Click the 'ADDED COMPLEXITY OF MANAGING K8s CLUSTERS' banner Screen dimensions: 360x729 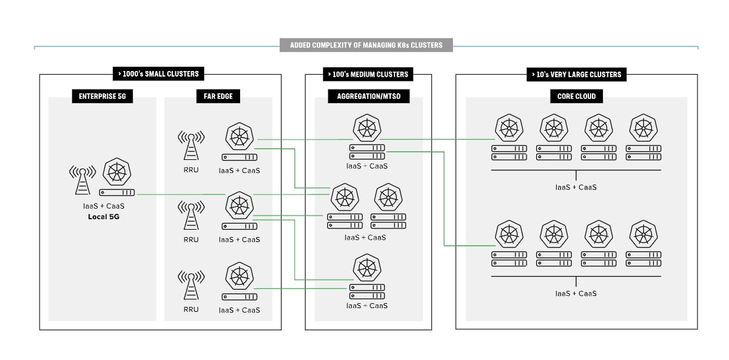[x=366, y=45]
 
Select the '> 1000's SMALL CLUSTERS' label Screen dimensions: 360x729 [x=158, y=74]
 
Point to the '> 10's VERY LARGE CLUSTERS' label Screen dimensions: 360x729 [x=577, y=74]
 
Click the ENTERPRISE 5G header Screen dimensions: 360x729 [x=102, y=96]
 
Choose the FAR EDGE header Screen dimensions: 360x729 [x=217, y=96]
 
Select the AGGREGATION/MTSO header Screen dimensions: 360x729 [x=367, y=96]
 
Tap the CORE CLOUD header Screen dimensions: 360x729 [x=576, y=96]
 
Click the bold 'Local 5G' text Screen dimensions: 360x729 [x=103, y=217]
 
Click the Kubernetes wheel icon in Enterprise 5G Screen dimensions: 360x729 [x=117, y=172]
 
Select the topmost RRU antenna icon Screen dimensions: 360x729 [x=191, y=145]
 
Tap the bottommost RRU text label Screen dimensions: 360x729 [x=191, y=309]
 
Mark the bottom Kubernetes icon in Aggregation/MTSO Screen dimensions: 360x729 [x=367, y=269]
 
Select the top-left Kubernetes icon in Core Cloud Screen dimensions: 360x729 [x=509, y=128]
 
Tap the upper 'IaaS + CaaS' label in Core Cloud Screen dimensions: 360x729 [x=576, y=187]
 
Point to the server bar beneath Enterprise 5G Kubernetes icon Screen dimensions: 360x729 [x=117, y=193]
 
